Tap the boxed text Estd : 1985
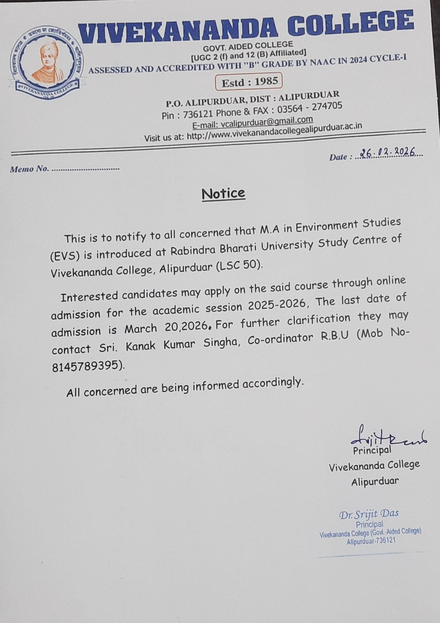pos(249,82)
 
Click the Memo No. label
pos(29,169)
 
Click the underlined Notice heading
pos(223,193)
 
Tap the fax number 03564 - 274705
pos(309,107)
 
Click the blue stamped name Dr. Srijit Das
pos(369,514)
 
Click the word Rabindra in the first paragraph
pos(191,250)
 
